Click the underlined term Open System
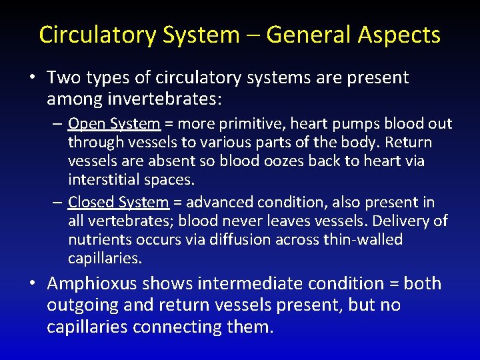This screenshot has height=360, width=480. pyautogui.click(x=114, y=124)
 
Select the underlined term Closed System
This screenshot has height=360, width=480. pyautogui.click(x=119, y=202)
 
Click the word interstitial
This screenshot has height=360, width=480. pyautogui.click(x=102, y=179)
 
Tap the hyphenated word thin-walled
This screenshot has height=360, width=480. pyautogui.click(x=363, y=239)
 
